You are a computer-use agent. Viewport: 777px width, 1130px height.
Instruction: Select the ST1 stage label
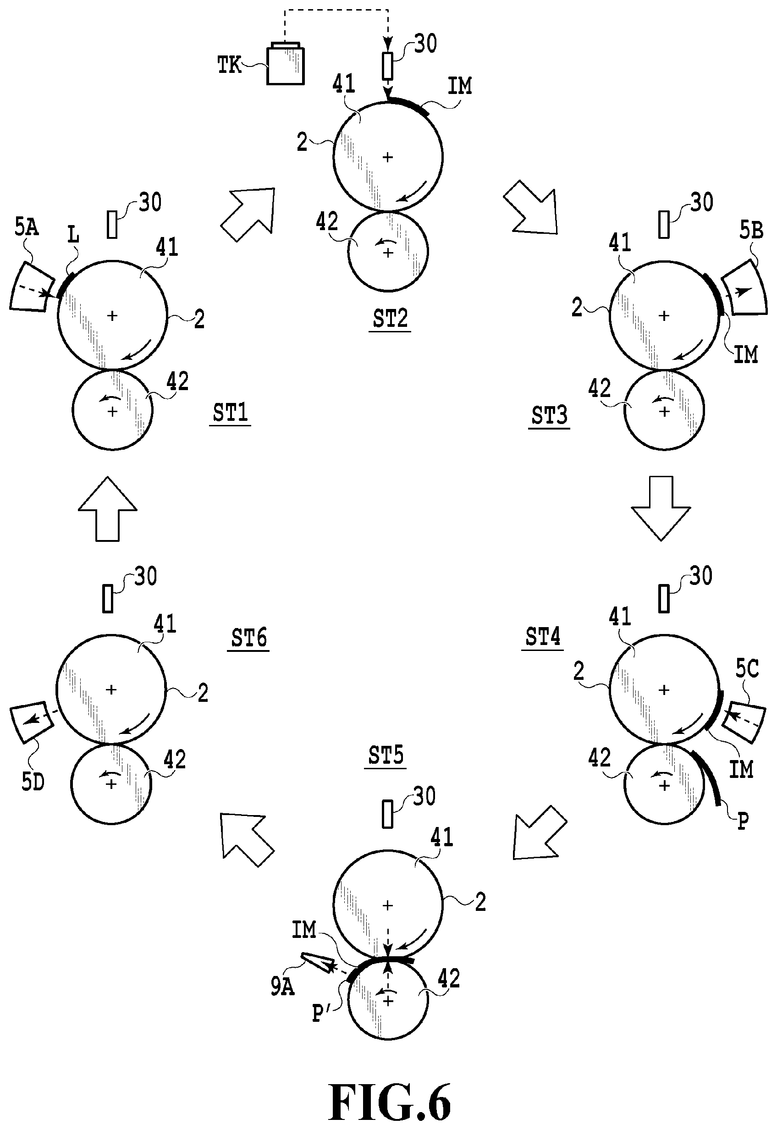coord(230,413)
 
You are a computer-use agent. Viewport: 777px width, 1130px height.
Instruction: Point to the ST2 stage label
coord(390,319)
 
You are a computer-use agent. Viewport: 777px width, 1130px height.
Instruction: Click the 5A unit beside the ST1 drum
coord(32,286)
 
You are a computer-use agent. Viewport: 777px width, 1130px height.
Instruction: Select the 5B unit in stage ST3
coord(744,288)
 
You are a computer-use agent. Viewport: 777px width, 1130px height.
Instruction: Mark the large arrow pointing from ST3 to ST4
coord(661,508)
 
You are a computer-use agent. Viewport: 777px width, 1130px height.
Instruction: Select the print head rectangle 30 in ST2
coord(387,65)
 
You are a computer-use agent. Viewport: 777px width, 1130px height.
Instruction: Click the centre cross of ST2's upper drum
coord(387,157)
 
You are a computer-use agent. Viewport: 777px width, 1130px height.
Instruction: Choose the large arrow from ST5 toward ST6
coord(246,838)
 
